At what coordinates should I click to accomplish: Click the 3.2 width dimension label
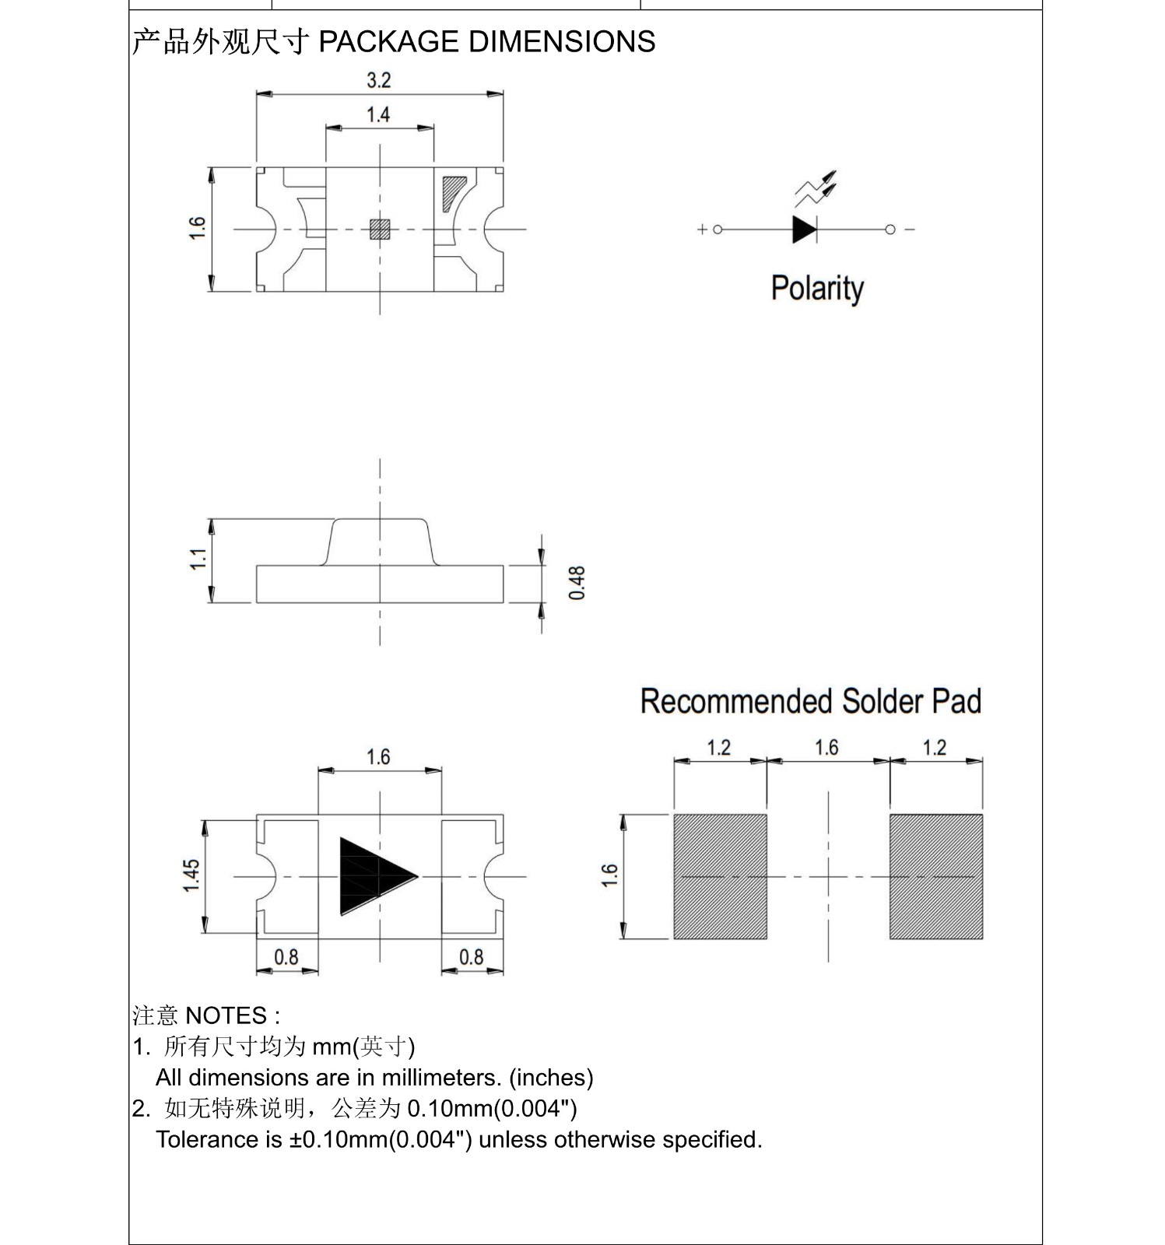pos(378,80)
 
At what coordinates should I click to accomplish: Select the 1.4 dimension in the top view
pos(378,115)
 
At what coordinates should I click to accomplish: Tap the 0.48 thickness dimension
pos(577,583)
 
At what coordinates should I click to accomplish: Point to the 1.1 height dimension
pos(198,559)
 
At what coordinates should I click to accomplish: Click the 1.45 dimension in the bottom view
pos(191,875)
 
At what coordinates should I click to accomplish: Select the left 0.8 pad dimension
pos(286,956)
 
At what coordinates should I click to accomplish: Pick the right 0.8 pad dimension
pos(471,956)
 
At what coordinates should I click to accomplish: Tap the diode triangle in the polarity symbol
pos(803,230)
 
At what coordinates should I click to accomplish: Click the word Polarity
pos(817,288)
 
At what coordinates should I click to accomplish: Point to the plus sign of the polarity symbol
pos(702,230)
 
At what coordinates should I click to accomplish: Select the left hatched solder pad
pos(720,876)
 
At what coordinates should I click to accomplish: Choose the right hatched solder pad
pos(935,876)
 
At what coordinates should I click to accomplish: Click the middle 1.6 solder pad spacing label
pos(826,748)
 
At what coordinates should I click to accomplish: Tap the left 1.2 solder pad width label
pos(718,748)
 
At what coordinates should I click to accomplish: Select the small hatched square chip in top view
pos(380,229)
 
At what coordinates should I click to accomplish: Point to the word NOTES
pos(226,1015)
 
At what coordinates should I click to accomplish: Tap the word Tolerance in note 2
pos(207,1139)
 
